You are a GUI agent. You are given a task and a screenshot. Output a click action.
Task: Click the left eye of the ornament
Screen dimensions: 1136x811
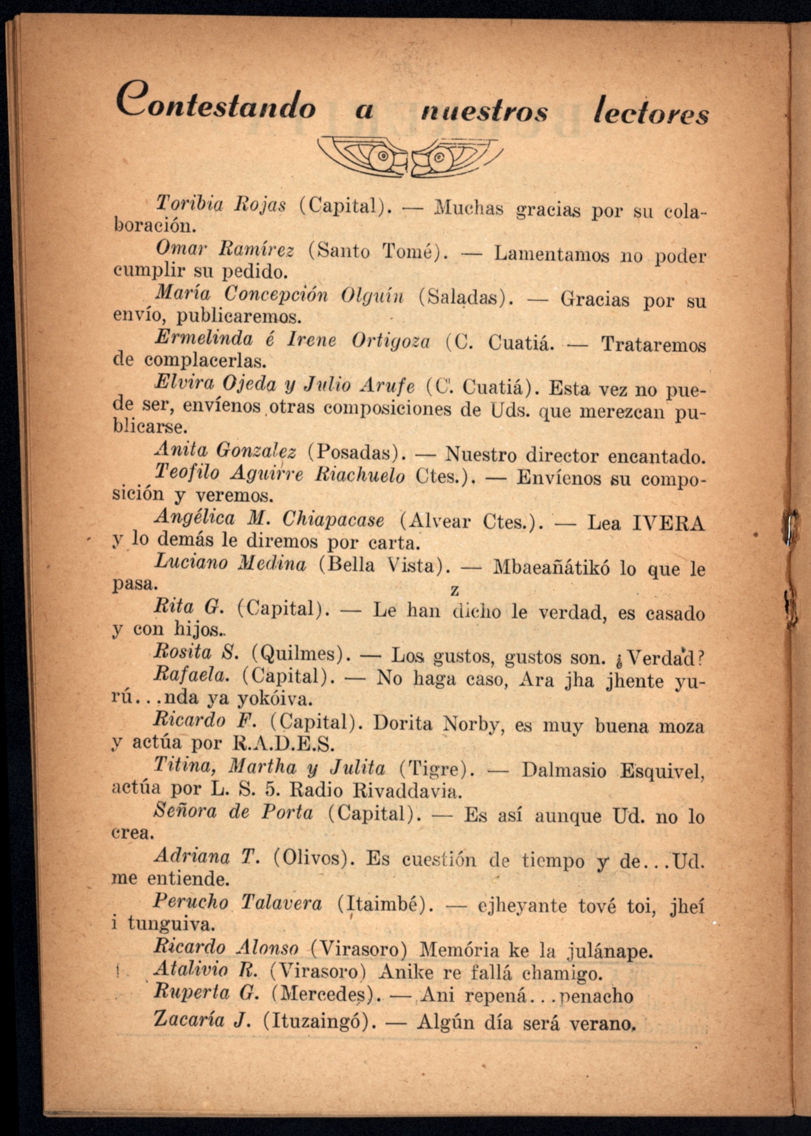[x=383, y=156]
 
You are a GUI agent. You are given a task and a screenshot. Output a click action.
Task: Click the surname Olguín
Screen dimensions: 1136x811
[x=371, y=296]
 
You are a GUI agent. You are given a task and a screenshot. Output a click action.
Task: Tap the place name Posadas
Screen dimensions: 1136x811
[x=355, y=452]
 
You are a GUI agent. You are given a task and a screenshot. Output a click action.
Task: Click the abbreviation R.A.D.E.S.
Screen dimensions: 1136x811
[x=283, y=744]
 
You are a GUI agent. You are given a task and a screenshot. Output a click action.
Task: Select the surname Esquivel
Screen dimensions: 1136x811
[x=662, y=771]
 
